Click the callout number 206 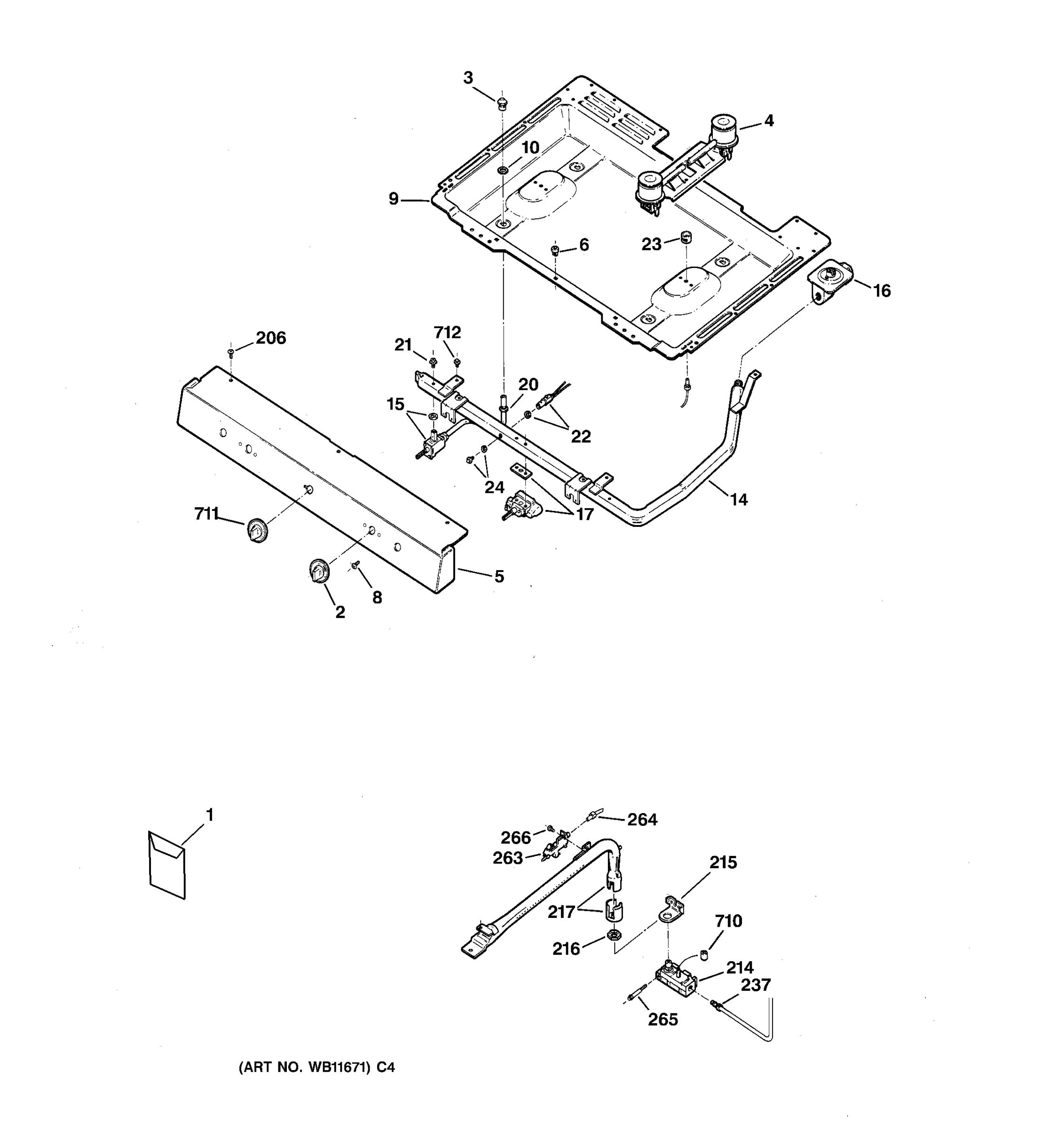click(x=271, y=338)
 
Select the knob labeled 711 click(x=258, y=530)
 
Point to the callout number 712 click(x=447, y=332)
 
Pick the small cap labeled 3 click(x=502, y=103)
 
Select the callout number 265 click(x=663, y=1019)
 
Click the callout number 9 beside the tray click(x=394, y=199)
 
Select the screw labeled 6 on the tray click(x=556, y=250)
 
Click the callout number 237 click(x=756, y=985)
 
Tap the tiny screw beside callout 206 click(x=231, y=353)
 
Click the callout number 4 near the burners click(x=768, y=121)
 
